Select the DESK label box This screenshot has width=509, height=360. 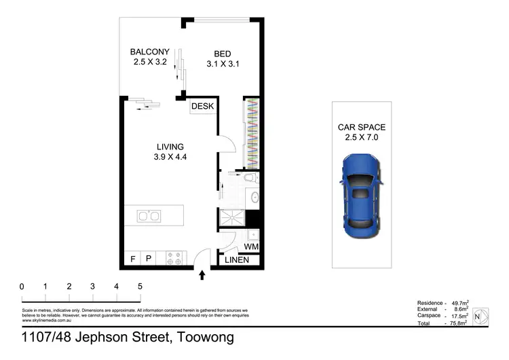click(202, 107)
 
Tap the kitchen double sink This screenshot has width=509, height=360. click(148, 217)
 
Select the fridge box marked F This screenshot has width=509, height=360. click(132, 259)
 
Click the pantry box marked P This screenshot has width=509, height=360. click(148, 259)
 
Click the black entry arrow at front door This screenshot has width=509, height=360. click(202, 274)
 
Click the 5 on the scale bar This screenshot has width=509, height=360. click(140, 287)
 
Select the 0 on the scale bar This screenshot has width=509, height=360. click(22, 287)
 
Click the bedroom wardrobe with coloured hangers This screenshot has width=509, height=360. click(251, 132)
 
